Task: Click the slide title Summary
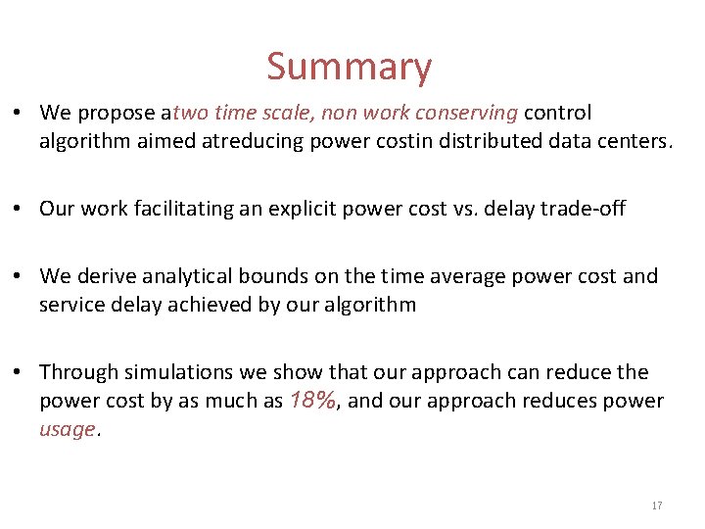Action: click(x=349, y=68)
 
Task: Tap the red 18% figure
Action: click(x=313, y=400)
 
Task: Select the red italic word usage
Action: click(x=68, y=429)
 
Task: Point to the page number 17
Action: click(x=656, y=505)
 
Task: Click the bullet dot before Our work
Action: click(x=20, y=208)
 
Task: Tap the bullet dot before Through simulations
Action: click(x=20, y=372)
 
